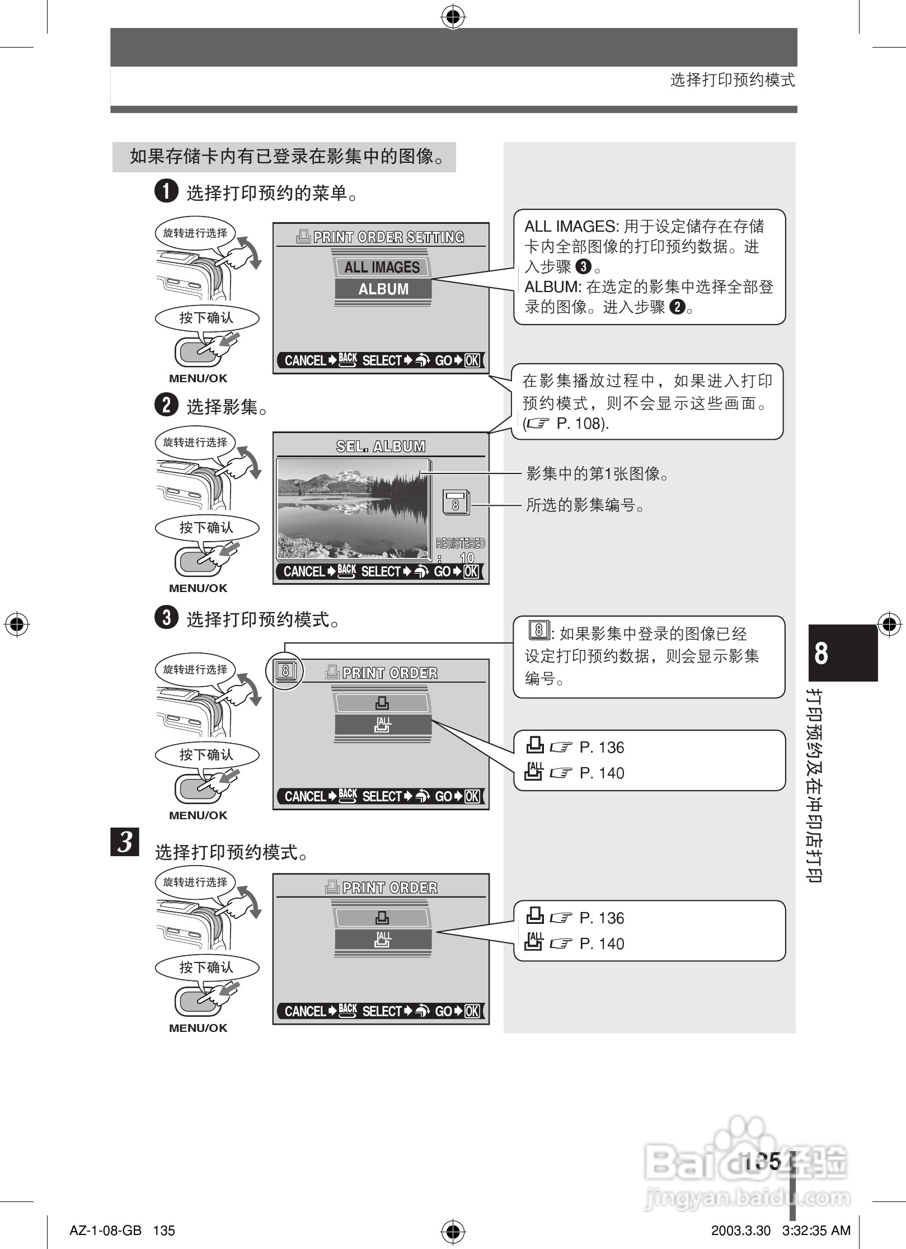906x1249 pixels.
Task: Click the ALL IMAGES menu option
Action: coord(382,267)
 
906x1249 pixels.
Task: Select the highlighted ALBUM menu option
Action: coord(383,289)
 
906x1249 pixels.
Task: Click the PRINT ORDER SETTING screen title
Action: coord(381,237)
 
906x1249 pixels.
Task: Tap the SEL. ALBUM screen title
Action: coord(381,446)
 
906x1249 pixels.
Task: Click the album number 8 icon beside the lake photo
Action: coord(456,503)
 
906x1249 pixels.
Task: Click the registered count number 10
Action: coord(466,557)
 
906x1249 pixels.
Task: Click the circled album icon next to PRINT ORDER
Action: coord(285,670)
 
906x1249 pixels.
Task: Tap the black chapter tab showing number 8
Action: coord(842,652)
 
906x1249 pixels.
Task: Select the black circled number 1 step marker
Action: coord(166,191)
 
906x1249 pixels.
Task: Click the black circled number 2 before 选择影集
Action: coord(166,405)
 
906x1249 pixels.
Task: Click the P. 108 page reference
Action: coord(581,424)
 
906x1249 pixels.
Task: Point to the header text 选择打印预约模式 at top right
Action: coord(732,80)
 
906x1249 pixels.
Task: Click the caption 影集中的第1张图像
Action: coord(597,474)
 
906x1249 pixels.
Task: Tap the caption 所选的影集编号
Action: coord(585,505)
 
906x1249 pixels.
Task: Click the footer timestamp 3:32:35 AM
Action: coord(816,1231)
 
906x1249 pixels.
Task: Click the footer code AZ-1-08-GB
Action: coord(105,1231)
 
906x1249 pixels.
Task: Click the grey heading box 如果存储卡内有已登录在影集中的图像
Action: coord(284,157)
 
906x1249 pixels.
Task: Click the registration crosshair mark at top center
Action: coord(453,17)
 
